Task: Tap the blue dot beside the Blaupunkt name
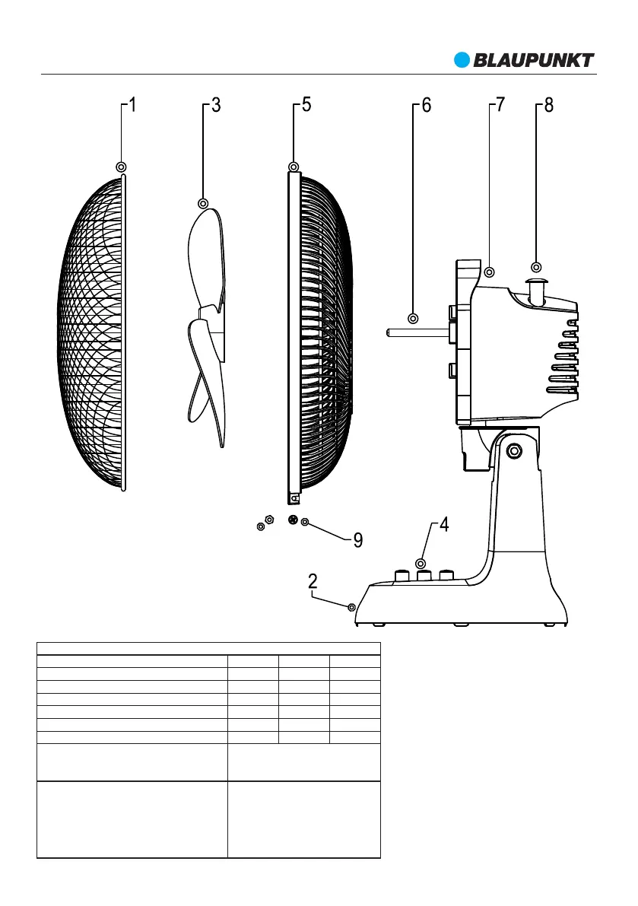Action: [x=463, y=60]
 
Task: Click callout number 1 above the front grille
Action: [x=133, y=106]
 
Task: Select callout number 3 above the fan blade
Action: [x=216, y=106]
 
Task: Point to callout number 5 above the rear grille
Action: [x=306, y=106]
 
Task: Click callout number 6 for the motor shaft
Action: [x=426, y=106]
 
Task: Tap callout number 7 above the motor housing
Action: [x=500, y=106]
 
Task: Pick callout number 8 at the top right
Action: [x=549, y=106]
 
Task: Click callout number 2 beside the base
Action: [x=313, y=581]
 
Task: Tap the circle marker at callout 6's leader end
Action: [x=414, y=318]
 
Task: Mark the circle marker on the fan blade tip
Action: [x=203, y=203]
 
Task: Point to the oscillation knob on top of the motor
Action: [x=537, y=290]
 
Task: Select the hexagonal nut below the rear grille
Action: [x=268, y=519]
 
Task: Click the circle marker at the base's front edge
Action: [x=351, y=606]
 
